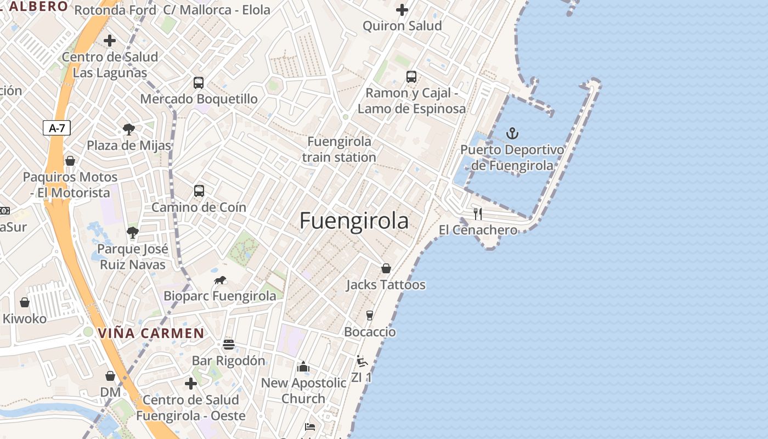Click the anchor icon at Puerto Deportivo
click(512, 133)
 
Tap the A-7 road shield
click(57, 128)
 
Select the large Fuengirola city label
click(354, 221)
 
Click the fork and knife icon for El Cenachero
click(478, 213)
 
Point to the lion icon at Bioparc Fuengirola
click(220, 280)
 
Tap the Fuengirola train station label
click(339, 149)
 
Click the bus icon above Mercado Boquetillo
click(199, 83)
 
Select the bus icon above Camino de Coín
click(199, 191)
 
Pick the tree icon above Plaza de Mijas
click(129, 130)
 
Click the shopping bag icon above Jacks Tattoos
click(386, 268)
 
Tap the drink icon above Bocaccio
click(370, 315)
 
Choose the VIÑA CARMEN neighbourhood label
click(151, 333)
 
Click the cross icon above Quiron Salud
click(402, 10)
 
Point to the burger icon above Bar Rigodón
click(229, 345)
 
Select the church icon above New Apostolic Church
click(303, 367)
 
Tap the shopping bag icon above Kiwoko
click(25, 302)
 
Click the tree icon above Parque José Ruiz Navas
click(132, 232)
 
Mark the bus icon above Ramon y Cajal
click(411, 77)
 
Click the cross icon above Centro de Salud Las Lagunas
click(110, 41)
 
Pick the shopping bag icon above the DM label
click(110, 376)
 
